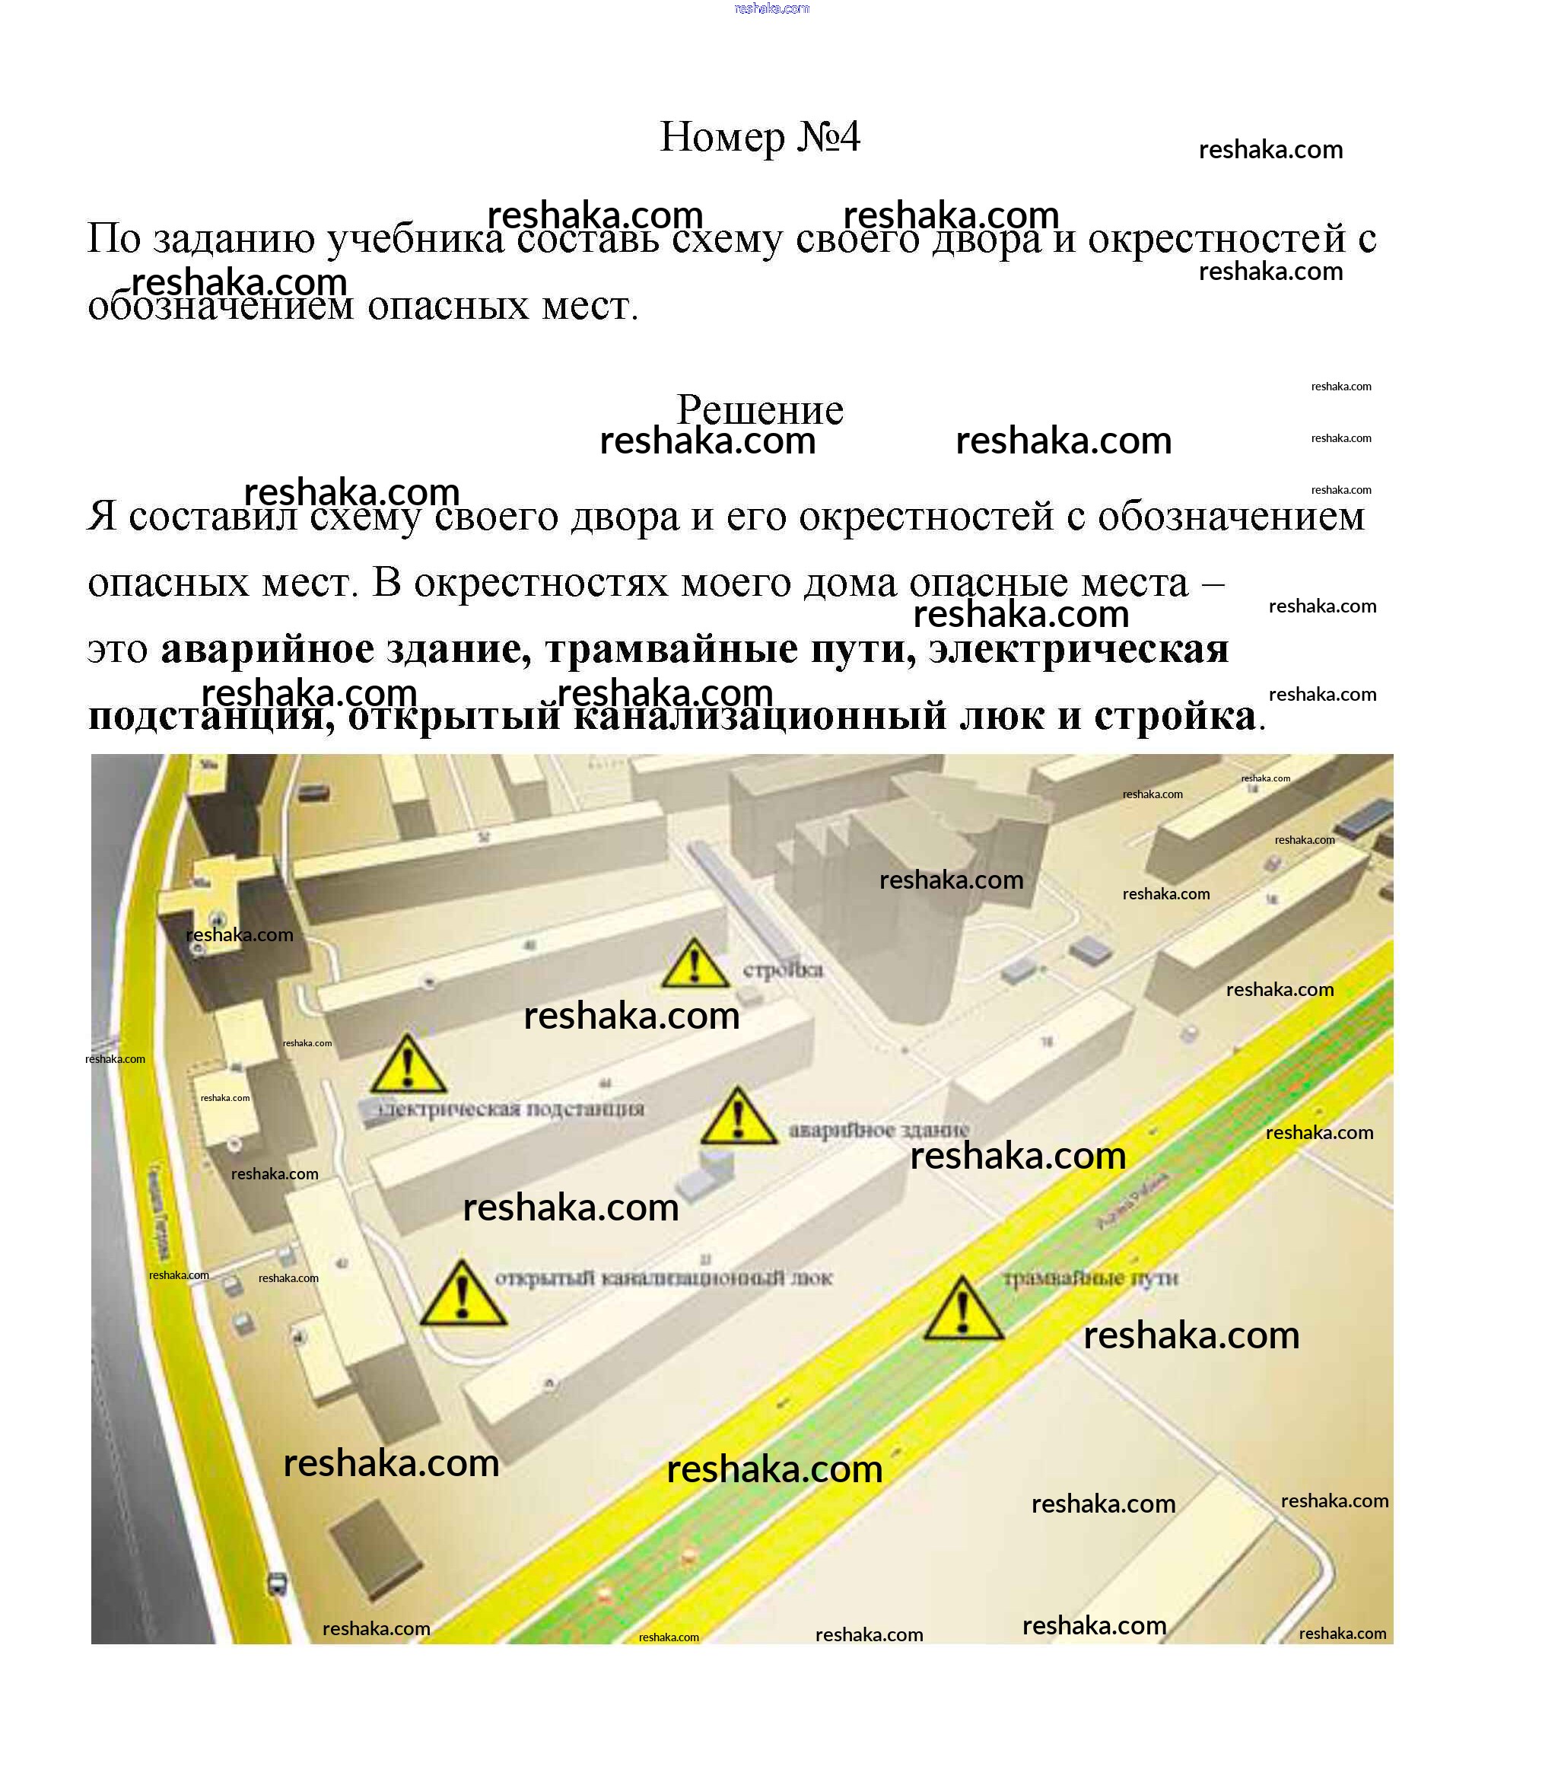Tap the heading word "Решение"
[x=760, y=409]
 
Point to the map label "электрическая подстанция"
[x=511, y=1109]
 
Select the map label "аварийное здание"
[x=879, y=1129]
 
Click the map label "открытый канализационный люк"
[x=663, y=1278]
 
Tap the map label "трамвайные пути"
[x=1090, y=1278]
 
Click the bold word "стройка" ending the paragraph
[x=1175, y=716]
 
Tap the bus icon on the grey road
[x=277, y=1583]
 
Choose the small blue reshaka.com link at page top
[x=772, y=8]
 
